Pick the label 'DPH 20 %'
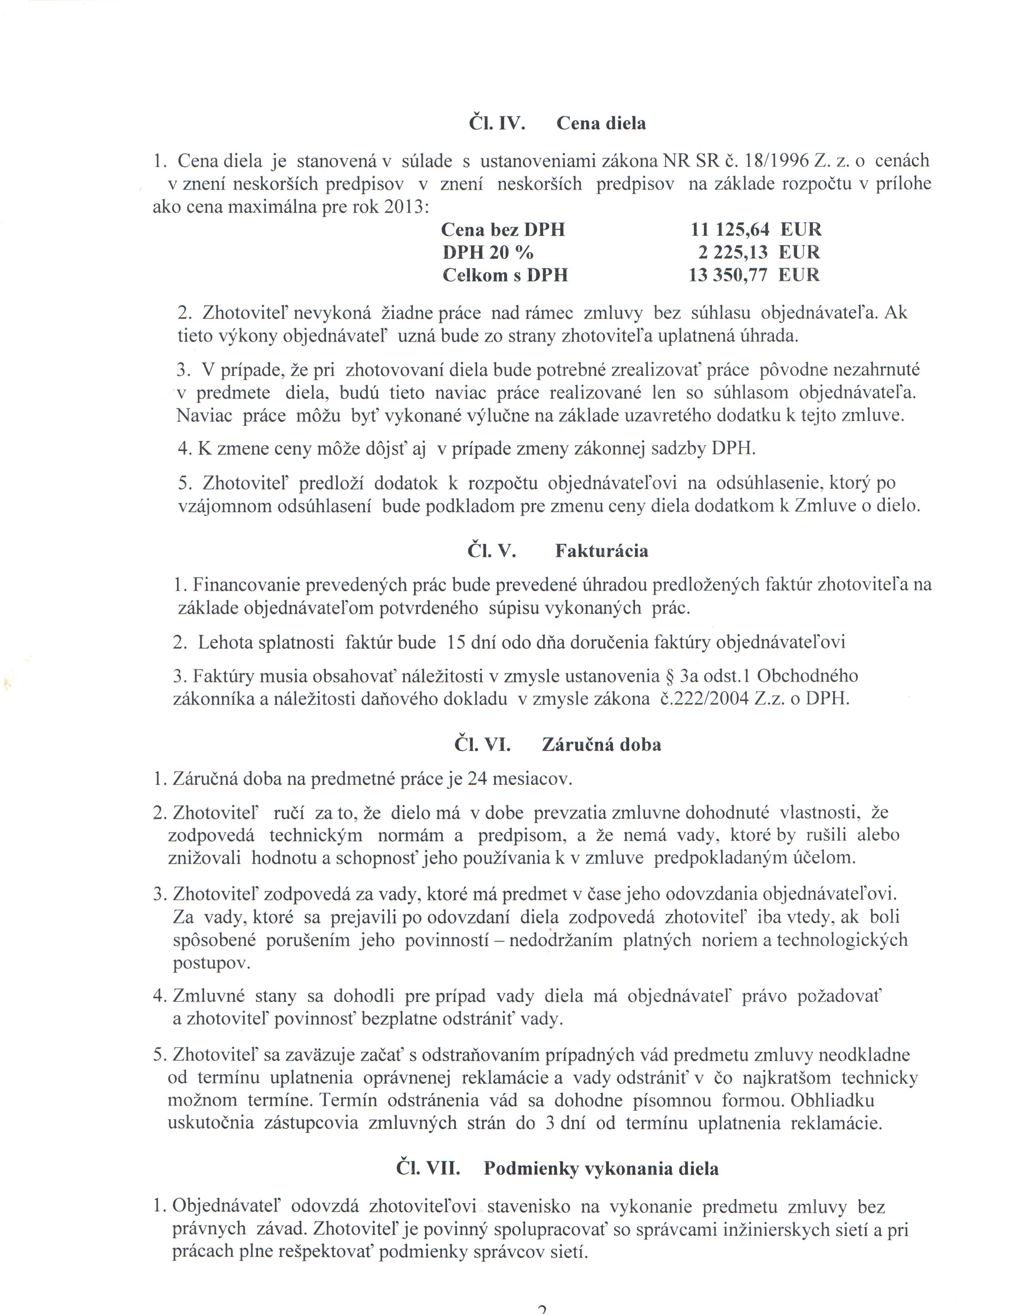[x=488, y=252]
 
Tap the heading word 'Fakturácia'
[x=601, y=551]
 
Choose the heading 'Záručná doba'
[x=601, y=745]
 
